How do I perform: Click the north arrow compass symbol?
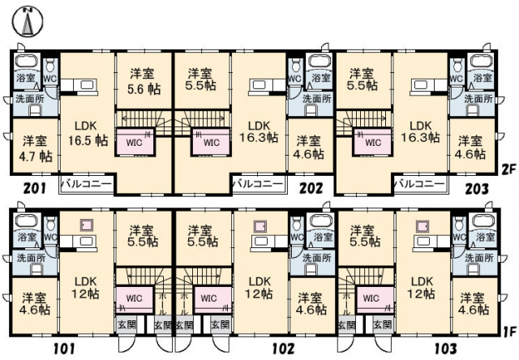pos(28,22)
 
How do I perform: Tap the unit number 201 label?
pos(35,189)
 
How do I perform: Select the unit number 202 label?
pos(311,189)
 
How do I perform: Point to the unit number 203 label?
pos(477,189)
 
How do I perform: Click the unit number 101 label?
pos(64,349)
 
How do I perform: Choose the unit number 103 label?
pos(445,349)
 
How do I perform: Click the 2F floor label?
pos(509,170)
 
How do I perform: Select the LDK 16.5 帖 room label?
pos(88,133)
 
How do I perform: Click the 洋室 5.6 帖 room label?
pos(144,81)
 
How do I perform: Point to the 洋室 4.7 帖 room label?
pos(36,148)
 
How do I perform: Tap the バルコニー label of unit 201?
pos(87,184)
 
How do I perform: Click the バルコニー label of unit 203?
pos(419,184)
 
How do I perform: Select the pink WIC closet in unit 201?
pos(135,143)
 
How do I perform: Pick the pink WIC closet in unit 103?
pos(374,299)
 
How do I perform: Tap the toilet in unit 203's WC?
pos(458,66)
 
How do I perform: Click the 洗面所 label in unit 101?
pos(31,258)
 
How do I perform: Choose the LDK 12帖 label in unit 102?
pos(259,288)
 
